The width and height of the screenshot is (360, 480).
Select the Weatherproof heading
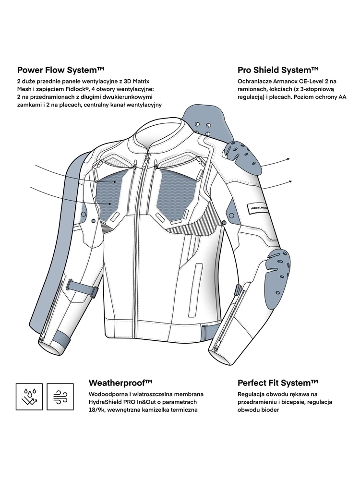point(120,383)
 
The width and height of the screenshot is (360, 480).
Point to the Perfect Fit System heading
point(278,383)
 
